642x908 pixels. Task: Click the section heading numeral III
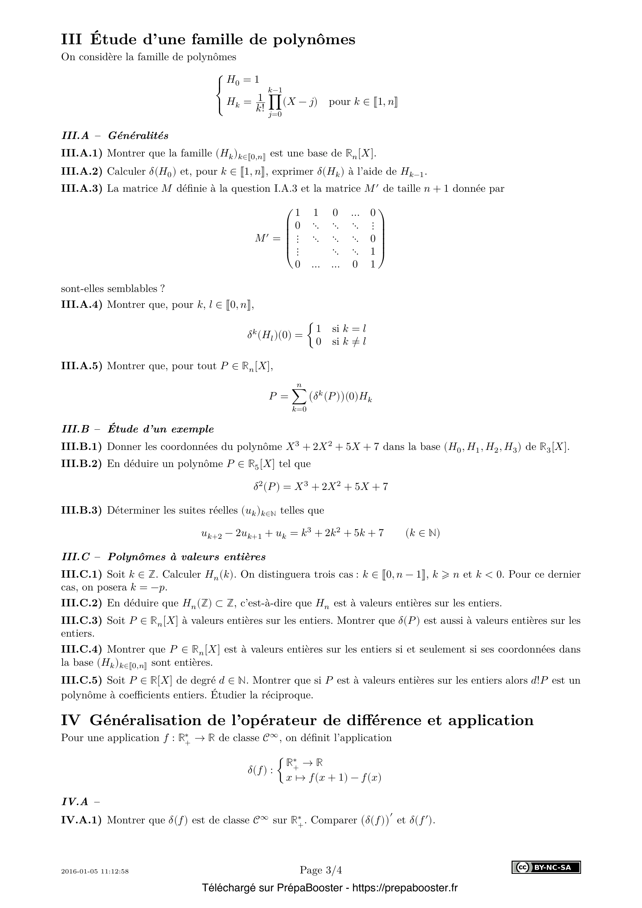pyautogui.click(x=71, y=40)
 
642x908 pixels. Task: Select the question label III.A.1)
pyautogui.click(x=82, y=153)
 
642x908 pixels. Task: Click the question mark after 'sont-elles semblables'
pyautogui.click(x=163, y=288)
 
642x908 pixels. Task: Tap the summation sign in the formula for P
pyautogui.click(x=300, y=396)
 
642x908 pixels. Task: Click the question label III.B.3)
pyautogui.click(x=82, y=510)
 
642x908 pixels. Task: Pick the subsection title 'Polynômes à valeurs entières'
pyautogui.click(x=187, y=557)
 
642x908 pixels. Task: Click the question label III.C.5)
pyautogui.click(x=82, y=680)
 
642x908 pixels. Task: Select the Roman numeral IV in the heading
pyautogui.click(x=71, y=720)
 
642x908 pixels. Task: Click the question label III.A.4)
pyautogui.click(x=82, y=304)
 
